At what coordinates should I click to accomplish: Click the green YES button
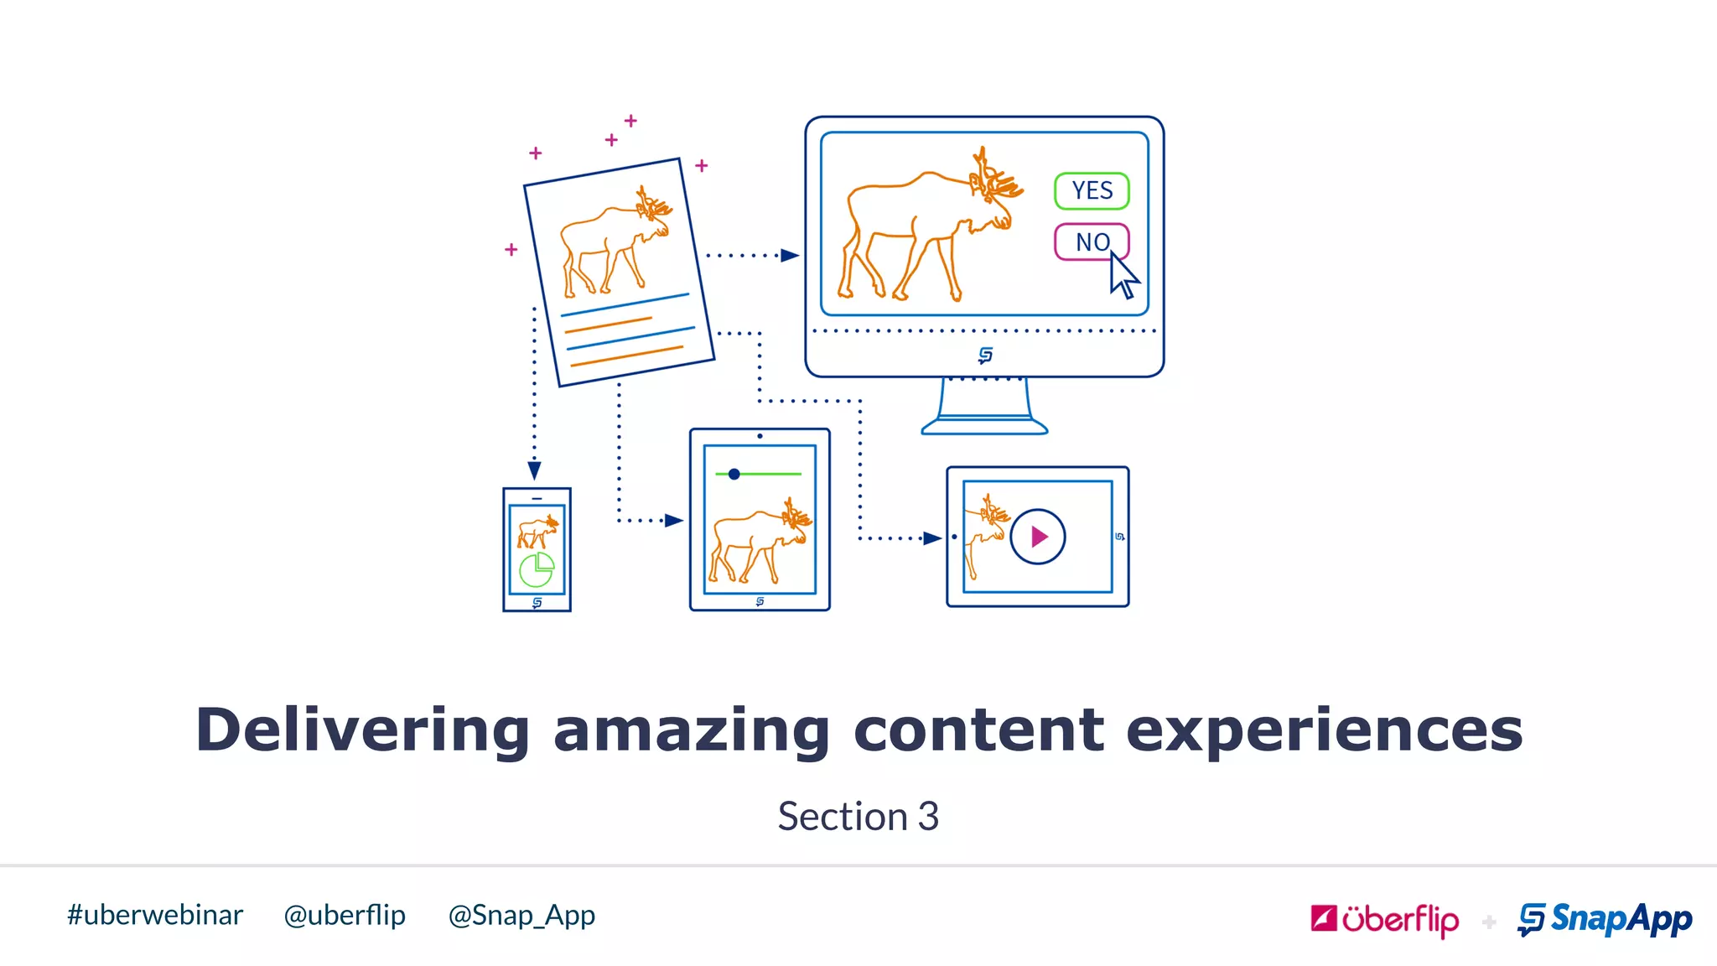(1092, 190)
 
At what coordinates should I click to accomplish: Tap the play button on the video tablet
(1038, 537)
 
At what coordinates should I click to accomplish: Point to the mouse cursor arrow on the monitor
(1123, 275)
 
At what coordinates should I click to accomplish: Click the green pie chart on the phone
(537, 570)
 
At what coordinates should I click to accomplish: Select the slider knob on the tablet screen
(734, 475)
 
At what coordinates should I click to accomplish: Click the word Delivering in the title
(362, 730)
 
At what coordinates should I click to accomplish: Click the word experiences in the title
(1324, 730)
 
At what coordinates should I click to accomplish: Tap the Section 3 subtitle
(858, 816)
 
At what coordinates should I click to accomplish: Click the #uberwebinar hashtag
(155, 915)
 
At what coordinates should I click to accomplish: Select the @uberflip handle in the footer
(345, 915)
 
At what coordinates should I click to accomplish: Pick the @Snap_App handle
(521, 915)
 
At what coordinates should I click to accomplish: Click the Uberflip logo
(1384, 920)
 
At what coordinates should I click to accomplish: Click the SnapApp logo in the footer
(1605, 919)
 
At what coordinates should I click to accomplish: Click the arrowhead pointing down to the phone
(534, 470)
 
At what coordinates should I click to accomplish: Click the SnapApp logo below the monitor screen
(985, 356)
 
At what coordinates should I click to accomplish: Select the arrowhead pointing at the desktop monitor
(789, 255)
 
